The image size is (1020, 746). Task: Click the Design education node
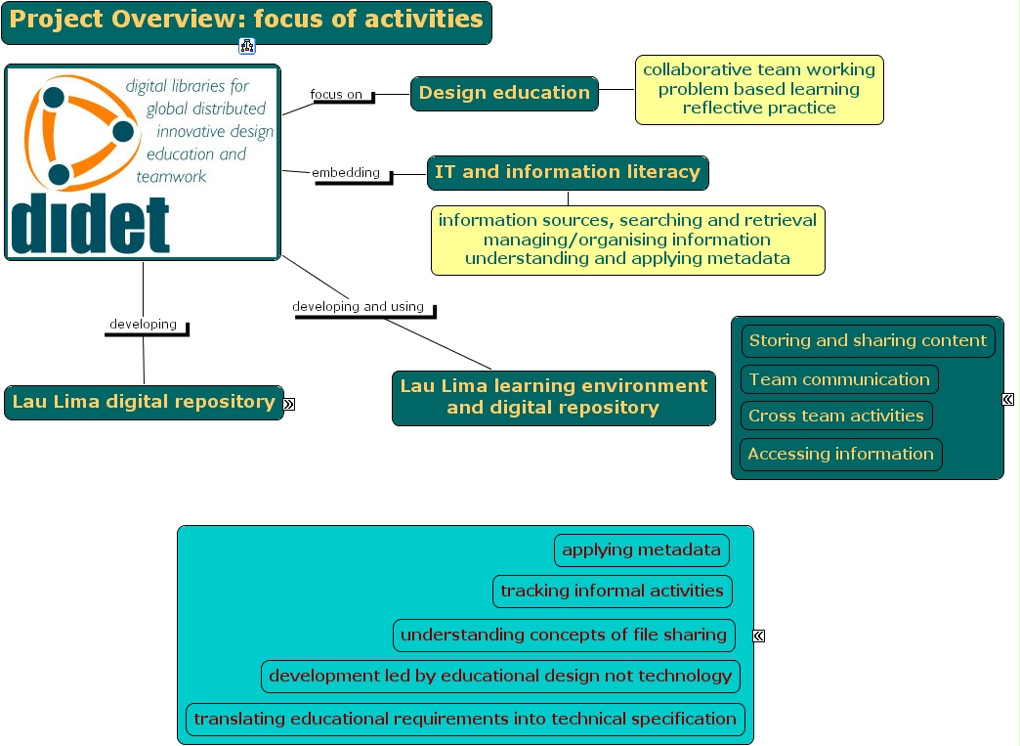[x=504, y=93]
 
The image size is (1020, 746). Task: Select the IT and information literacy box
[x=568, y=172]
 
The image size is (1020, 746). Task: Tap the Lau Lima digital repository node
[x=144, y=402]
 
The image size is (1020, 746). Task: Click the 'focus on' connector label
[x=337, y=95]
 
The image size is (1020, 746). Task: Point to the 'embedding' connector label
[x=346, y=173]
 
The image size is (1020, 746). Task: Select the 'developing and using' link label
[x=359, y=307]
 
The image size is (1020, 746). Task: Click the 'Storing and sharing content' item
[x=868, y=341]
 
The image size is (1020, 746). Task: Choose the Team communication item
[x=839, y=379]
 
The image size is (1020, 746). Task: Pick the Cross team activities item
[x=836, y=416]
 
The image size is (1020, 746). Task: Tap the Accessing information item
[x=841, y=454]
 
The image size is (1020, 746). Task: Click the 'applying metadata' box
[x=642, y=550]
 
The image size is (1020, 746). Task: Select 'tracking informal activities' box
[x=613, y=591]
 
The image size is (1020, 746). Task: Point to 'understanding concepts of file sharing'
[x=564, y=635]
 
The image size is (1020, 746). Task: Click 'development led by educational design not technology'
[x=500, y=676]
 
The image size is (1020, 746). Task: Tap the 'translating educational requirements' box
[x=465, y=719]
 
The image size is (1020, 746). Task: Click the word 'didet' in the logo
[x=90, y=226]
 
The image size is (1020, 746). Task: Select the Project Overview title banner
[x=246, y=21]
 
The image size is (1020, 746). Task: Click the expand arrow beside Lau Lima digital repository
[x=289, y=404]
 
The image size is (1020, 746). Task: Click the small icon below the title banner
[x=247, y=46]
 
